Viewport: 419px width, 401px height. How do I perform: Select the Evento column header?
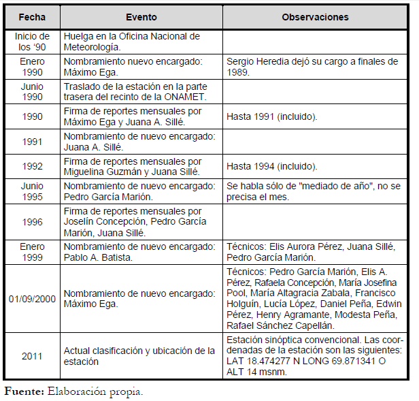(x=141, y=17)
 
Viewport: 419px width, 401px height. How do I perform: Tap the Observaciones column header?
(x=315, y=17)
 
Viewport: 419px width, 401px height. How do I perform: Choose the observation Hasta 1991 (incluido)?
(x=272, y=116)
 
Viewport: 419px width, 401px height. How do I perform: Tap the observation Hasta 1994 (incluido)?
(x=272, y=166)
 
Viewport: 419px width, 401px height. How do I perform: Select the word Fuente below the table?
(x=23, y=391)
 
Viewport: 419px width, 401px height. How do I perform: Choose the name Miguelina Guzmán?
(x=101, y=172)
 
